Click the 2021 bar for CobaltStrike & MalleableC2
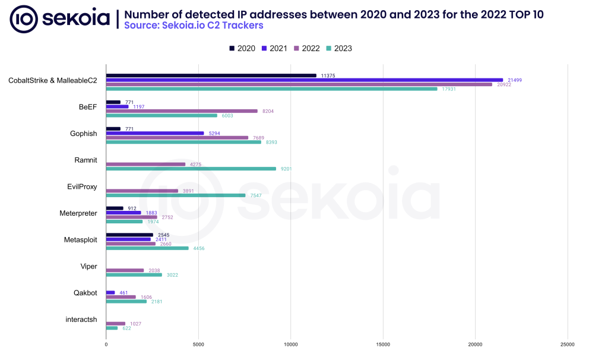click(304, 80)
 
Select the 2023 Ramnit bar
click(191, 169)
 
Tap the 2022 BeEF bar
click(182, 111)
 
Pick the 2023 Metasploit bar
click(147, 248)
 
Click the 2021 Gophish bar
click(154, 133)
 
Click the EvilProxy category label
click(82, 187)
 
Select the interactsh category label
click(81, 320)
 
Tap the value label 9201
click(286, 169)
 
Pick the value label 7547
click(256, 195)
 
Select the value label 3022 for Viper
click(172, 275)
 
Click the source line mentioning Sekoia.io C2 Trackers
click(194, 26)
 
